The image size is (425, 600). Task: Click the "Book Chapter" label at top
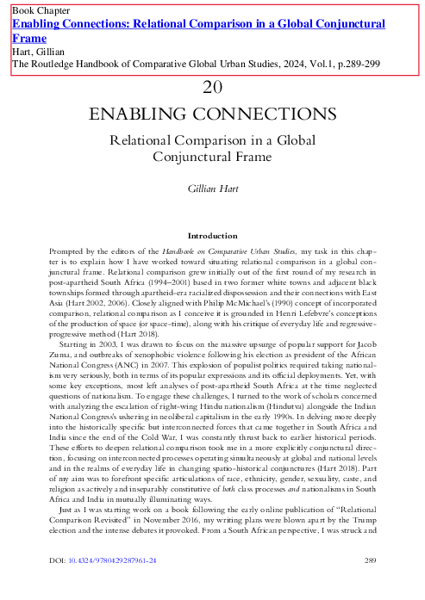click(x=41, y=10)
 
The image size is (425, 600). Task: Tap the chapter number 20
click(x=212, y=87)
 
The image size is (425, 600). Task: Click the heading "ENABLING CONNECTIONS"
click(x=212, y=115)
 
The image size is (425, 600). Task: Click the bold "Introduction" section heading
click(x=212, y=234)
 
